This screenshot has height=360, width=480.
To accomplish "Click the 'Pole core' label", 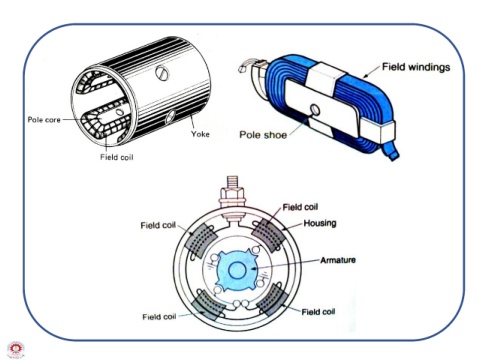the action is [44, 120].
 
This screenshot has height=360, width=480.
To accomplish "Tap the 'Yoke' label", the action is [200, 134].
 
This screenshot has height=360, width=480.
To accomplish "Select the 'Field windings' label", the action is [416, 67].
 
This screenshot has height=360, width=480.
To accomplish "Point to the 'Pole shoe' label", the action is [263, 135].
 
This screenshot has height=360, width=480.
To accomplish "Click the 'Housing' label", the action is [320, 223].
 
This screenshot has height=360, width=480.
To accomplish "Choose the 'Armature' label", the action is [338, 260].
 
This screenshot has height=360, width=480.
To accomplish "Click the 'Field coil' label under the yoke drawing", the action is [117, 157].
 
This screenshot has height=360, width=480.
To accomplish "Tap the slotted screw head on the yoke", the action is [162, 73].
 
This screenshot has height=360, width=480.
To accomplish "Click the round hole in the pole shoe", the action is [315, 110].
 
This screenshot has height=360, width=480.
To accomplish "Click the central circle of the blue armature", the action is [236, 270].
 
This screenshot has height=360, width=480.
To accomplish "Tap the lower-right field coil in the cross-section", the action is [270, 299].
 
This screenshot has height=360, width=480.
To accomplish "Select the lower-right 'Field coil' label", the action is [318, 312].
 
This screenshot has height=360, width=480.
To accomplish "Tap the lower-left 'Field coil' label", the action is [159, 317].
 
